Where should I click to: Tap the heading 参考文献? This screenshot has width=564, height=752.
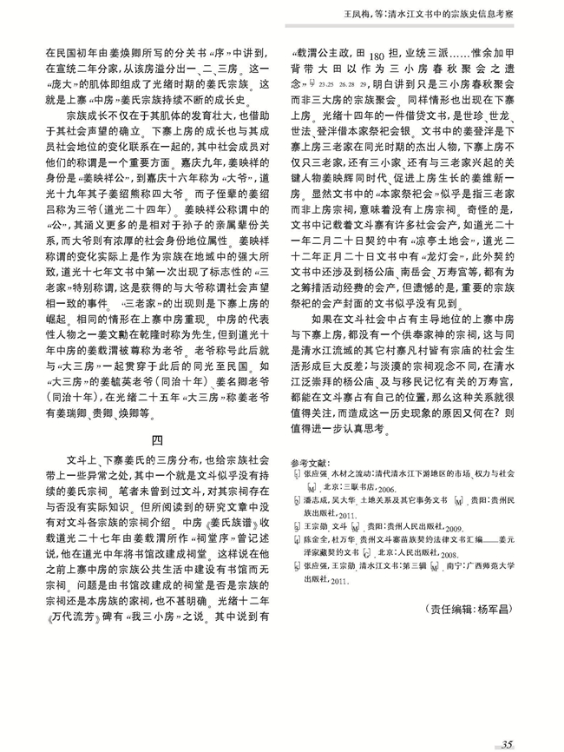coord(312,462)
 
